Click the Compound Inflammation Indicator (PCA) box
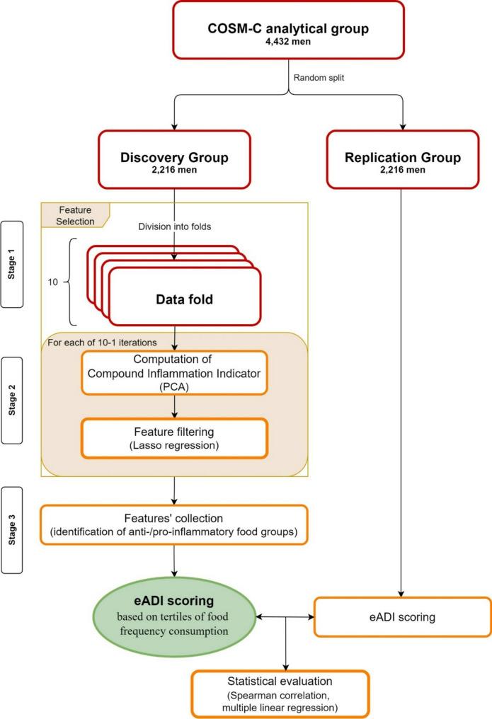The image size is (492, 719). pyautogui.click(x=174, y=373)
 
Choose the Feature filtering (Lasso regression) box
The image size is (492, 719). pyautogui.click(x=174, y=439)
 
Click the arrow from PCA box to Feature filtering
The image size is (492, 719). pyautogui.click(x=174, y=406)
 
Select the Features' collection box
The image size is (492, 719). pyautogui.click(x=174, y=525)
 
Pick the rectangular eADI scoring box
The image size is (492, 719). pyautogui.click(x=402, y=617)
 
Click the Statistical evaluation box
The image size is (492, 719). pyautogui.click(x=281, y=693)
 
